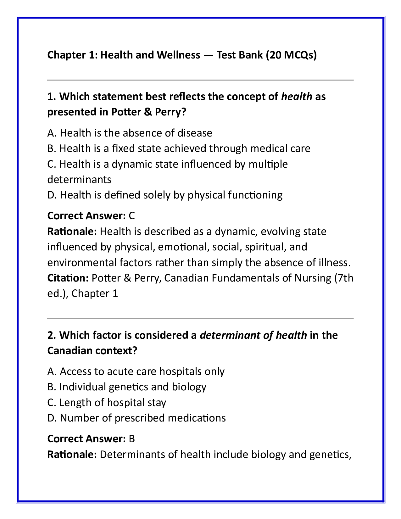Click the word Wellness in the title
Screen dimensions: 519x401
[178, 55]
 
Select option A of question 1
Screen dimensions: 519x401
[130, 133]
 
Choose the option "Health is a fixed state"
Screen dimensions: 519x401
[179, 148]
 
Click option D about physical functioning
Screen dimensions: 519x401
[165, 195]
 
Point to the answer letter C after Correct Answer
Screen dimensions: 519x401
[132, 216]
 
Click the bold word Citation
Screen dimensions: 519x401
[68, 278]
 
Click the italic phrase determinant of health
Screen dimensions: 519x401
[253, 335]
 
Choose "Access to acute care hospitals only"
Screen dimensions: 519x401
[136, 371]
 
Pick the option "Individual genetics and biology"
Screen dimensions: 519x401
[127, 387]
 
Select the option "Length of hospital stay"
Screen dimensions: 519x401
[107, 403]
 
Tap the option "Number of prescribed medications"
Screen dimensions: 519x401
[136, 418]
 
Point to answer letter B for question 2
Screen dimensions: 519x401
[132, 439]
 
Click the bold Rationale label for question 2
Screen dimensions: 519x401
[72, 455]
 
